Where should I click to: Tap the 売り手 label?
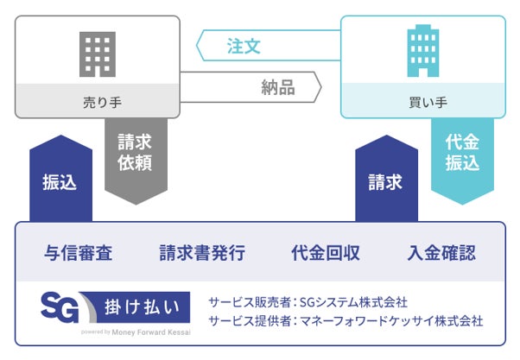pos(97,101)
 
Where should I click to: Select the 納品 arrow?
pos(259,86)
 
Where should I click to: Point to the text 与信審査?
pos(79,253)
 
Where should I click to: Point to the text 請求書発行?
pos(202,253)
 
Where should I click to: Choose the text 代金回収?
pos(326,253)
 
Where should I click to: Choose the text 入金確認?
pos(441,253)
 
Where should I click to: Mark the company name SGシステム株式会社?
pos(351,302)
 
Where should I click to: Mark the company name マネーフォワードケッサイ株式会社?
pos(390,321)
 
